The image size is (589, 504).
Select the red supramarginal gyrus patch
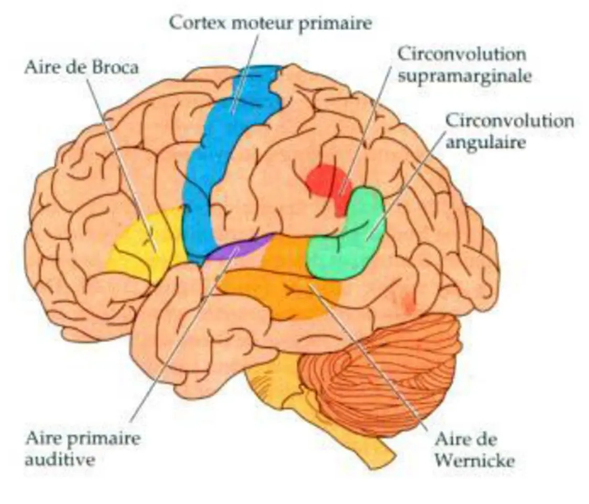(325, 181)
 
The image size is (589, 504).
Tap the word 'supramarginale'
(464, 76)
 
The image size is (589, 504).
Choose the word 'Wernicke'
(475, 461)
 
